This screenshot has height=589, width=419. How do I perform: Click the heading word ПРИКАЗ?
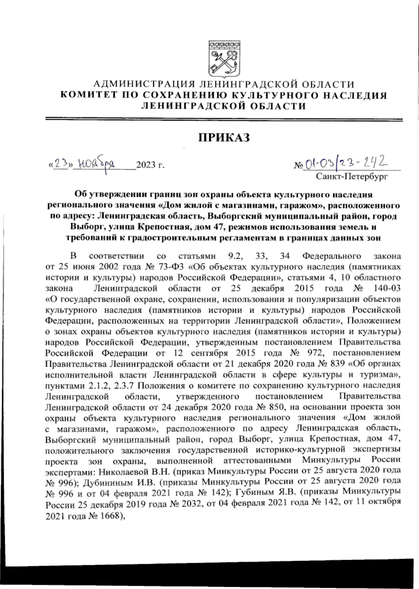click(x=225, y=138)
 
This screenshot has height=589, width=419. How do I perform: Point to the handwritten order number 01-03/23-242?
click(x=346, y=163)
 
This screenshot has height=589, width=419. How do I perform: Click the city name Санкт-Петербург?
click(x=352, y=177)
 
